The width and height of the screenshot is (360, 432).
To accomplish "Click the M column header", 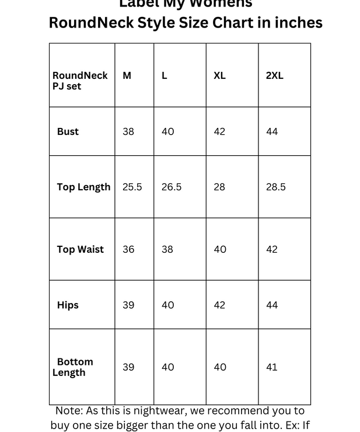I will (x=127, y=76).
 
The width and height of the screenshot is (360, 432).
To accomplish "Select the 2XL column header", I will (x=274, y=76).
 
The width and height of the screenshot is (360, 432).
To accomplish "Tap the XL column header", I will (x=219, y=76).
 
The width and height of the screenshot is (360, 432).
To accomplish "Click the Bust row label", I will (x=68, y=132).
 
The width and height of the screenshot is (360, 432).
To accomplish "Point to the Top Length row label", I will (x=83, y=187).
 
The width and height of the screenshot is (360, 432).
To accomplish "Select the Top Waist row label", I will (x=81, y=249).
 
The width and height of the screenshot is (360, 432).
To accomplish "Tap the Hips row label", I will (x=68, y=305).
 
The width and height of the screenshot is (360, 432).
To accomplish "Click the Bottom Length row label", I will (x=73, y=367).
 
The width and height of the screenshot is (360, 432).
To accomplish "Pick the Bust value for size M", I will (x=128, y=132).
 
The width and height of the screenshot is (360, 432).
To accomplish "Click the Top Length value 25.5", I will (x=132, y=187).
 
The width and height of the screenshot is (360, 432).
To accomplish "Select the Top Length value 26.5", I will (x=172, y=187).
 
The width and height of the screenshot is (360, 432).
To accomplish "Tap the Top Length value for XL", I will (x=219, y=187).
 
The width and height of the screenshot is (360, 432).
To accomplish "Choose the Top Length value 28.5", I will (x=276, y=187).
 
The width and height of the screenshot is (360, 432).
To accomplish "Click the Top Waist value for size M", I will (x=128, y=249).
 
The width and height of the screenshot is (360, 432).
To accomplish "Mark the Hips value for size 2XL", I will (x=272, y=305).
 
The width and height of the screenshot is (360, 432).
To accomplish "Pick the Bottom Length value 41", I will (x=271, y=367).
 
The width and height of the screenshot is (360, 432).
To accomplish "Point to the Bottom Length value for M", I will (x=128, y=367).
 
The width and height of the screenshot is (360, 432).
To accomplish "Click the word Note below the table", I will (x=69, y=411).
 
